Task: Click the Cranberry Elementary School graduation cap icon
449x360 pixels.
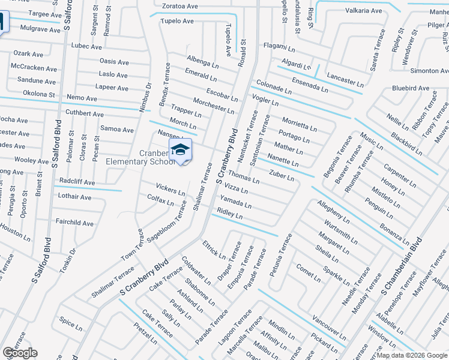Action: [179, 151]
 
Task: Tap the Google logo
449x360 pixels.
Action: [19, 353]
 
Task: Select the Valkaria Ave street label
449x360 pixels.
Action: [363, 11]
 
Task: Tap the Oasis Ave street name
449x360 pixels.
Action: [114, 62]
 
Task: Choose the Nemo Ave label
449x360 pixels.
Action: [82, 98]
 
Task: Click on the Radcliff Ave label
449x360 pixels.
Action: [77, 182]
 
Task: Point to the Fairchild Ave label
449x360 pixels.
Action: [75, 223]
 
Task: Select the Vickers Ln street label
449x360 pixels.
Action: [170, 189]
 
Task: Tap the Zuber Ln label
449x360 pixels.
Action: [282, 176]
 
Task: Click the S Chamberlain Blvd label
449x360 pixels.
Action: [402, 265]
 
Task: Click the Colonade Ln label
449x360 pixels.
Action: [274, 88]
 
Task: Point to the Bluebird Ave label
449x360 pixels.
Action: [411, 88]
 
